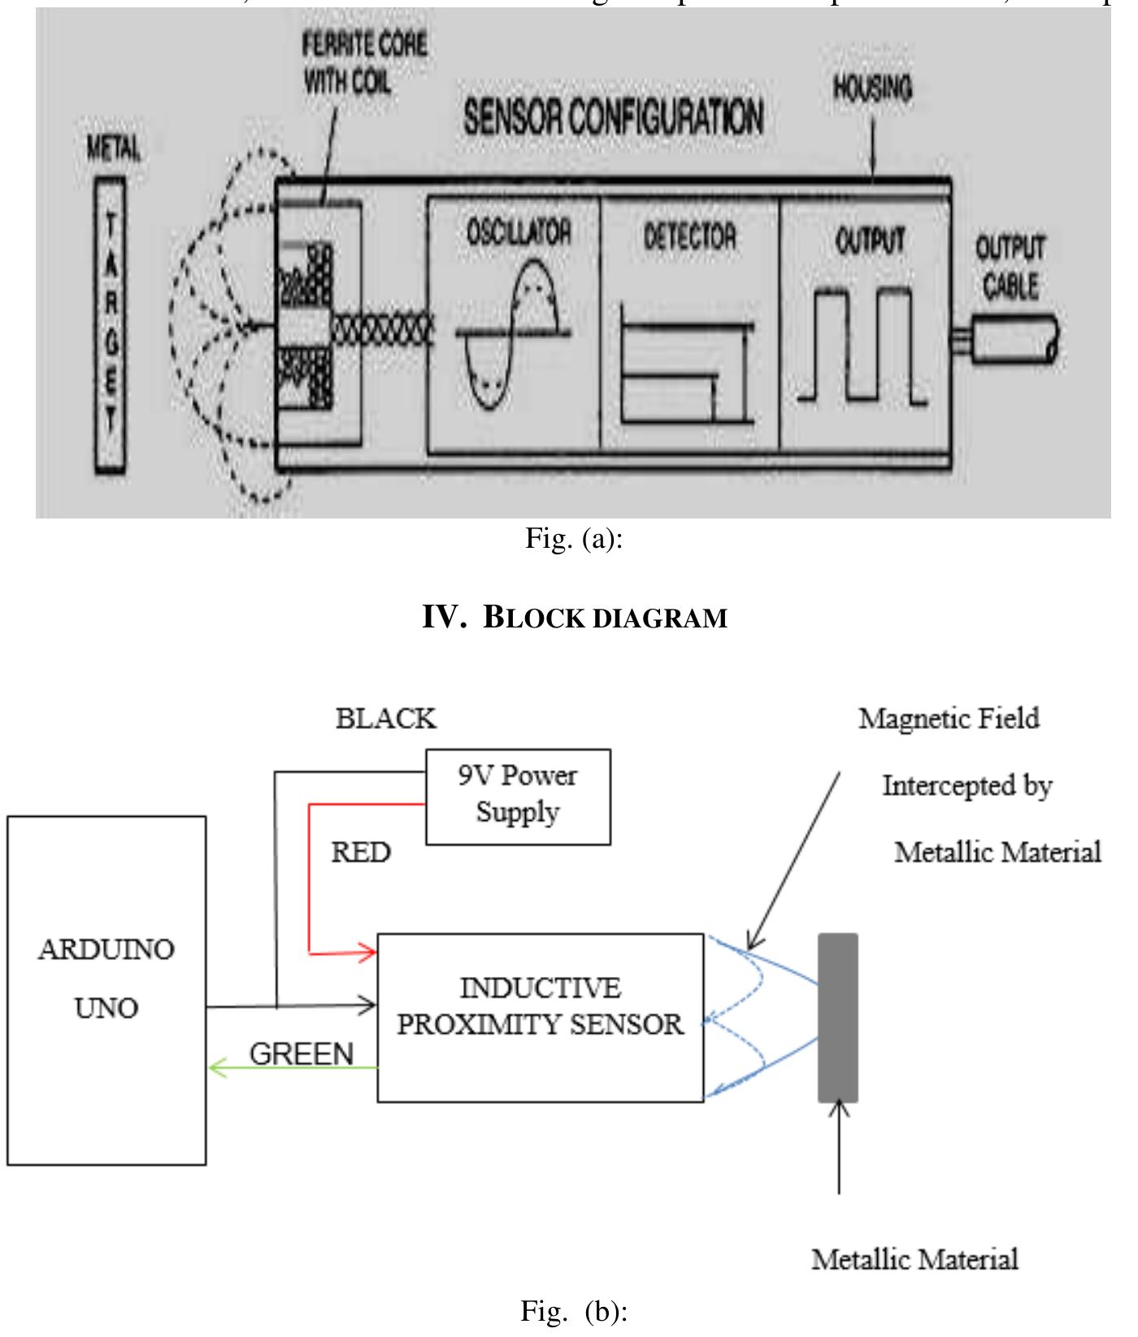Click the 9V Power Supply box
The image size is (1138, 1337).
coord(518,797)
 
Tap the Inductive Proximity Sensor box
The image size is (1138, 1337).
coord(541,1017)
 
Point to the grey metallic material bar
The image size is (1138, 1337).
coord(837,1017)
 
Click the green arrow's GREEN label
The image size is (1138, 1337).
coord(301,1054)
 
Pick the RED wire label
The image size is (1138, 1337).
coord(361,853)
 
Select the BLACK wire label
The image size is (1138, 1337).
coord(386,718)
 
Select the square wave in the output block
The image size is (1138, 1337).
coord(862,345)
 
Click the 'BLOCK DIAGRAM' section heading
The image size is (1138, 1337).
coord(574,618)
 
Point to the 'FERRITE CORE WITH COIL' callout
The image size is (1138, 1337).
coord(363,61)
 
